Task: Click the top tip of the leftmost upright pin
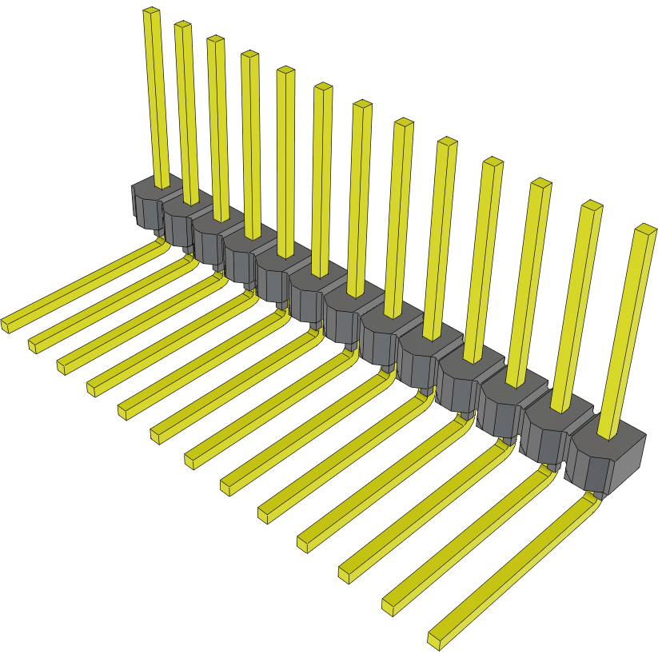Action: [151, 12]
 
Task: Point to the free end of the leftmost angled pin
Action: [7, 324]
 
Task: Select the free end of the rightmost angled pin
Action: [437, 639]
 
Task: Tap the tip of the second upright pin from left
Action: [182, 26]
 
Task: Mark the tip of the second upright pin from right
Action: [592, 205]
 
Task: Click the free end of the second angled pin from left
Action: [34, 345]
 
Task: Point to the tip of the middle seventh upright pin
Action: [362, 105]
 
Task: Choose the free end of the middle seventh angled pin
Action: [193, 461]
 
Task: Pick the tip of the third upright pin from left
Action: [214, 39]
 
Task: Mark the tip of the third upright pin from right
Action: [541, 183]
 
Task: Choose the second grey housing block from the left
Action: [181, 216]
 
